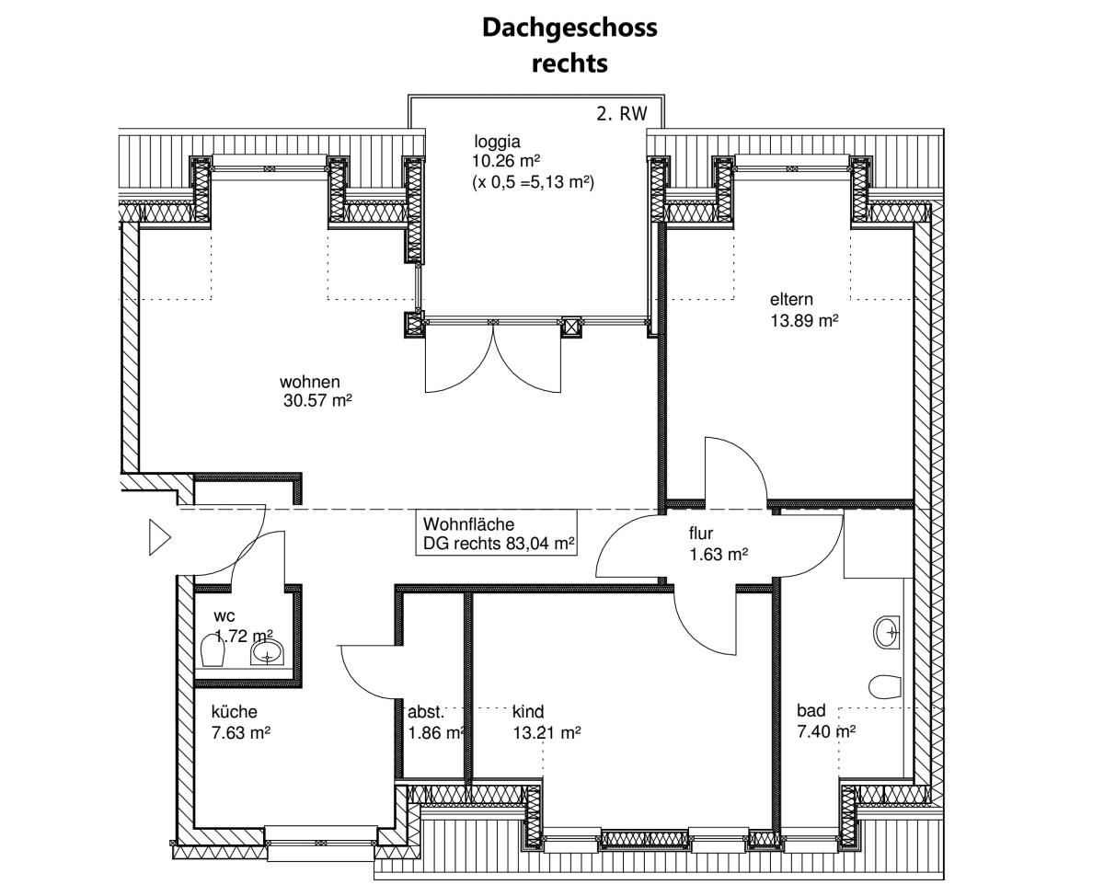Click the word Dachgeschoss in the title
click(x=569, y=28)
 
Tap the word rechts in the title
click(x=569, y=63)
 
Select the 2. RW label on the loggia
click(x=621, y=113)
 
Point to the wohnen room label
click(x=310, y=382)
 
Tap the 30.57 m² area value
click(x=317, y=400)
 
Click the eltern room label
click(x=791, y=300)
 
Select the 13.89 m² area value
click(x=804, y=321)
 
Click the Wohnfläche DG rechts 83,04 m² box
click(x=497, y=533)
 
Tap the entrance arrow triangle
click(x=159, y=537)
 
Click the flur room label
click(x=701, y=534)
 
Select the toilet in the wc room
click(x=213, y=650)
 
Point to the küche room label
click(x=235, y=711)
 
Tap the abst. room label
click(x=426, y=712)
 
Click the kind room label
click(x=528, y=711)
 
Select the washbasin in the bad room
click(x=888, y=632)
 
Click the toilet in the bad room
click(x=885, y=686)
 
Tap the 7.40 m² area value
click(x=826, y=731)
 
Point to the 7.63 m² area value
click(x=241, y=733)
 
